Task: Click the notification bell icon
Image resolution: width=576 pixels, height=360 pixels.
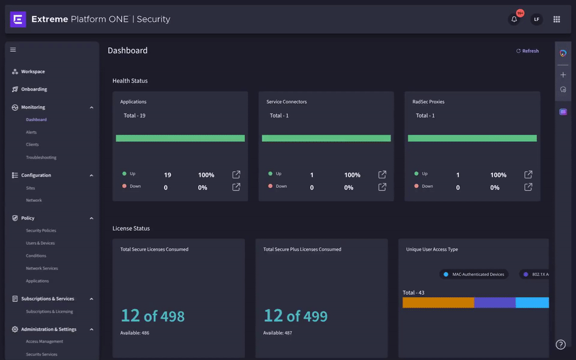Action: click(514, 20)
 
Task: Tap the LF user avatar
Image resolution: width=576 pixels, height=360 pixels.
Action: click(536, 20)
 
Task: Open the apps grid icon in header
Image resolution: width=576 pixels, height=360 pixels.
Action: click(556, 20)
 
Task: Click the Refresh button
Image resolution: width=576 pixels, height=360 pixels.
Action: click(528, 51)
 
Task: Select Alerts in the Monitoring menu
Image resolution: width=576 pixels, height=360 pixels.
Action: click(31, 132)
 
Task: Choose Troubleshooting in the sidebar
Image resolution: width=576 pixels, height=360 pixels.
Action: click(41, 157)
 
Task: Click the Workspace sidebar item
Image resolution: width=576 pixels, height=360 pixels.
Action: click(33, 72)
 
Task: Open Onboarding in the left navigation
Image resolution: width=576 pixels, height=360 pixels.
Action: click(34, 89)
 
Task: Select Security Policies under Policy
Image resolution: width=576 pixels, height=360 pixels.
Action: click(41, 230)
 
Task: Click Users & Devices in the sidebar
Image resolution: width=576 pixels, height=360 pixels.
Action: click(40, 243)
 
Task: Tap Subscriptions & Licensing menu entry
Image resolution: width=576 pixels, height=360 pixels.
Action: click(49, 312)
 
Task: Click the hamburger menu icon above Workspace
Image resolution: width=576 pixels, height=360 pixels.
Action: click(13, 50)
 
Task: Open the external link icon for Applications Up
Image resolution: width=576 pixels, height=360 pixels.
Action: click(236, 175)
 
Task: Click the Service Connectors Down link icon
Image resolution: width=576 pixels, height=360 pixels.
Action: click(382, 187)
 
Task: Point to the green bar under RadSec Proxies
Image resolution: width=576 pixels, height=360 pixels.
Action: click(472, 138)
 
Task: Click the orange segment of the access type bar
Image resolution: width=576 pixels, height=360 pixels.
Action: click(438, 302)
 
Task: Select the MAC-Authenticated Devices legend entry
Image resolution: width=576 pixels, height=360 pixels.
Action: click(474, 274)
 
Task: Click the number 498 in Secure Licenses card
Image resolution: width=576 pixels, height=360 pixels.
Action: click(172, 316)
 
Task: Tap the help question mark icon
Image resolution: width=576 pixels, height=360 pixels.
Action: click(560, 344)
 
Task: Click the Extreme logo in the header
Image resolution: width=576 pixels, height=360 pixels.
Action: click(18, 20)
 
